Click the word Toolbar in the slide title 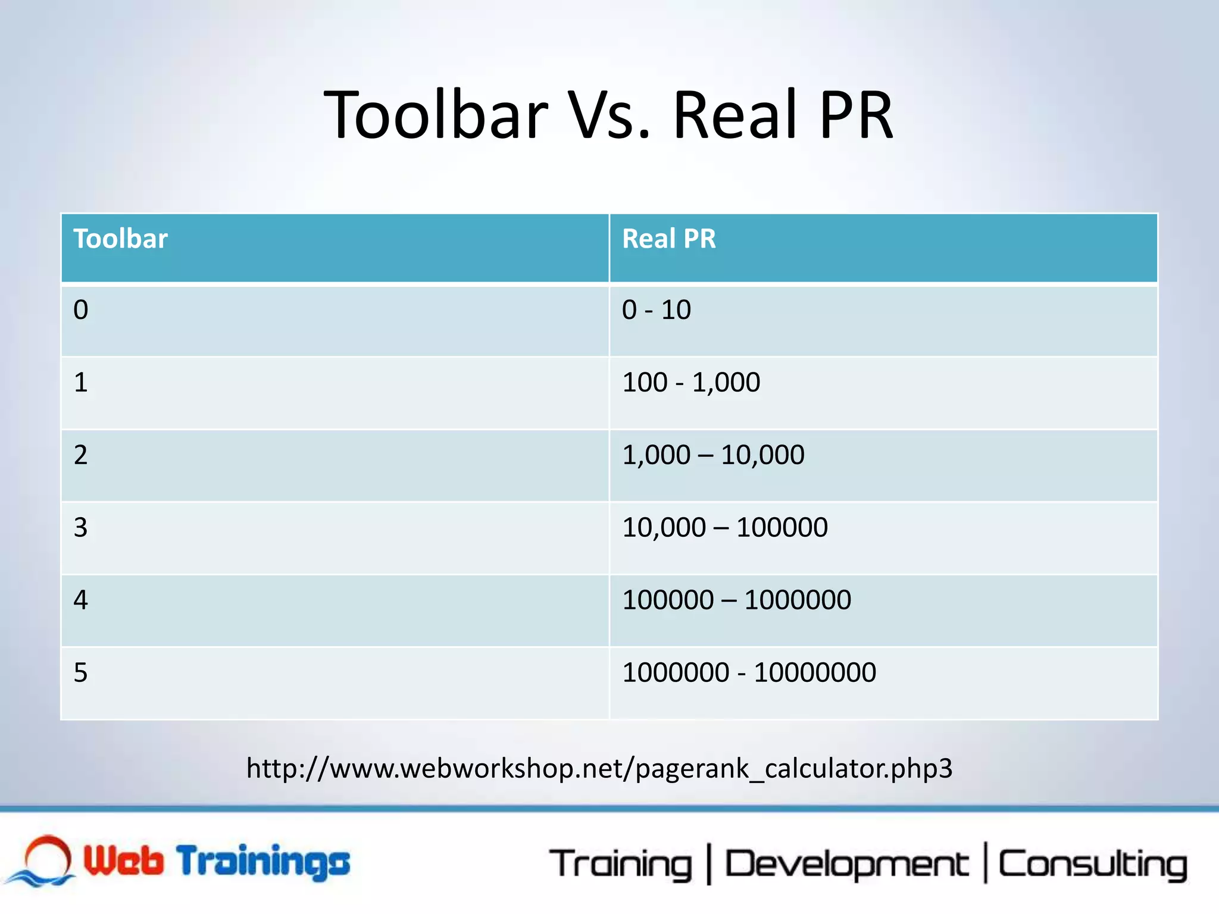436,115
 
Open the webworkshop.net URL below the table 599,769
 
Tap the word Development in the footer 846,864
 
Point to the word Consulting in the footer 1092,864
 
